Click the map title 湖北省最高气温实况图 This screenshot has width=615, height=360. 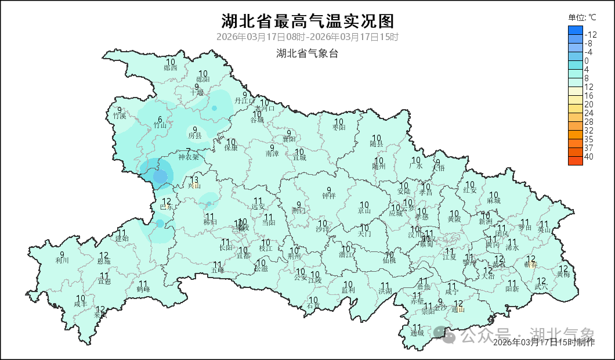(307, 21)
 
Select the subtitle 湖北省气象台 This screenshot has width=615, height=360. (307, 53)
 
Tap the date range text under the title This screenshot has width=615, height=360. (307, 37)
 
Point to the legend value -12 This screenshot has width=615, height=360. (591, 34)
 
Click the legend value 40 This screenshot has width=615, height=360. (589, 157)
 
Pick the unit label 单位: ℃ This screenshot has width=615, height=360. (582, 17)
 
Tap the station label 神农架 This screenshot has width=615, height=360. (188, 157)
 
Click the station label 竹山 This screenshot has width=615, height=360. (160, 125)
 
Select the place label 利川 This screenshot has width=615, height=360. (62, 260)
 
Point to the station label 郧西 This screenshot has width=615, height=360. (171, 67)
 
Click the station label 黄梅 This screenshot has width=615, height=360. (563, 273)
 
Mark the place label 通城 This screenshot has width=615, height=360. (417, 333)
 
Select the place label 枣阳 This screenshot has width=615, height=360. (339, 127)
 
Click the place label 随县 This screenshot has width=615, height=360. (377, 143)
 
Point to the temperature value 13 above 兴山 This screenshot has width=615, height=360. (194, 179)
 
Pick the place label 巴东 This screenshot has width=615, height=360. (166, 207)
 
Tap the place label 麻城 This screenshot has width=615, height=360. (494, 200)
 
